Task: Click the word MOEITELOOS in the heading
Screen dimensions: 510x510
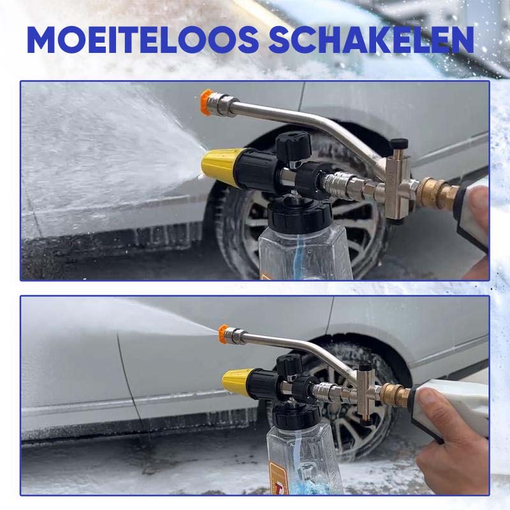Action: coord(142,40)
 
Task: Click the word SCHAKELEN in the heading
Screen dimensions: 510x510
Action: coord(371,40)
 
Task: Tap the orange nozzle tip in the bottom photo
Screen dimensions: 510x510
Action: coord(224,331)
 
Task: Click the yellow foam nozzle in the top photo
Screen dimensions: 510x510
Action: coord(219,164)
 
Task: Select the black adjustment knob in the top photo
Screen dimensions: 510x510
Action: coord(294,143)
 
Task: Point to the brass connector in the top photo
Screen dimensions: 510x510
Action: coord(435,193)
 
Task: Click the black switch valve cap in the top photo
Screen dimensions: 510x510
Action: coord(399,144)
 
